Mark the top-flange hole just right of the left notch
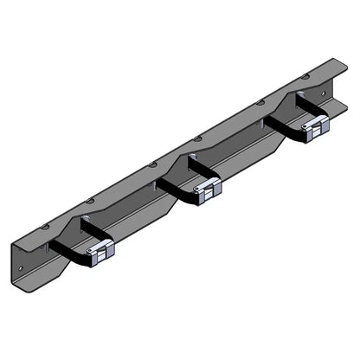click(x=89, y=199)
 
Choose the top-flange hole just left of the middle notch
click(x=153, y=163)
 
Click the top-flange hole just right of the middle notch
click(x=198, y=138)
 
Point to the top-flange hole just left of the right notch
click(x=260, y=102)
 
